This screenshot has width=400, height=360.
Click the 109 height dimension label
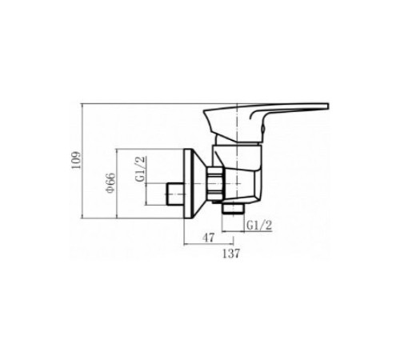tap(75, 160)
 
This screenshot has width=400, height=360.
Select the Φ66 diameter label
tap(110, 183)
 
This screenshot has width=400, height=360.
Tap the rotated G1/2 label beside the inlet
tap(141, 169)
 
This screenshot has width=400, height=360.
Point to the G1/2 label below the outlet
tap(259, 226)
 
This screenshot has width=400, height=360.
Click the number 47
tap(208, 238)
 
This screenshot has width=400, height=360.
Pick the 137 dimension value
tap(231, 253)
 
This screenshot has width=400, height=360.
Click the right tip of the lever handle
tap(328, 106)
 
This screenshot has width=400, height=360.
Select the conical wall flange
tap(194, 184)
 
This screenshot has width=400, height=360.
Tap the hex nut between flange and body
tap(215, 183)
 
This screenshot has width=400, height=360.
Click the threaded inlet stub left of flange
tap(175, 194)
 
